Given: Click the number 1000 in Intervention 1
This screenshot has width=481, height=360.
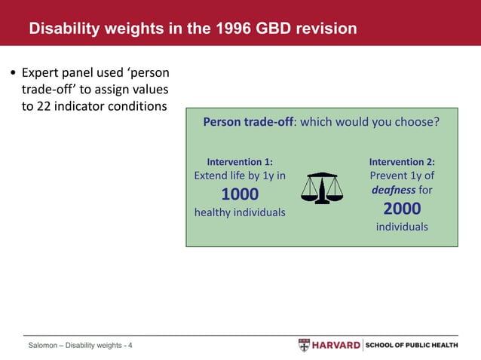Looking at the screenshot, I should [240, 194].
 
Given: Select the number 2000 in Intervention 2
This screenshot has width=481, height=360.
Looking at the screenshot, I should [402, 209].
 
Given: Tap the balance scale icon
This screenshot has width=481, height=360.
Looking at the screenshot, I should [321, 188].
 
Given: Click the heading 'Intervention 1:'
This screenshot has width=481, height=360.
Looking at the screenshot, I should [240, 161].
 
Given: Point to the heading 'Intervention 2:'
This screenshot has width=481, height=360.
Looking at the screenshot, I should [402, 161].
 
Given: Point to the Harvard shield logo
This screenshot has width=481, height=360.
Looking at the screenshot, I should [304, 345].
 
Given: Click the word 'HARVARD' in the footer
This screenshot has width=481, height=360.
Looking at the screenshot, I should [335, 345].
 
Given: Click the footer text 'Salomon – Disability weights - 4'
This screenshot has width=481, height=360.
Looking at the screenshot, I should [80, 346].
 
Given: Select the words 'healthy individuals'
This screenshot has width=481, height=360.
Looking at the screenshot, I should [240, 212].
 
